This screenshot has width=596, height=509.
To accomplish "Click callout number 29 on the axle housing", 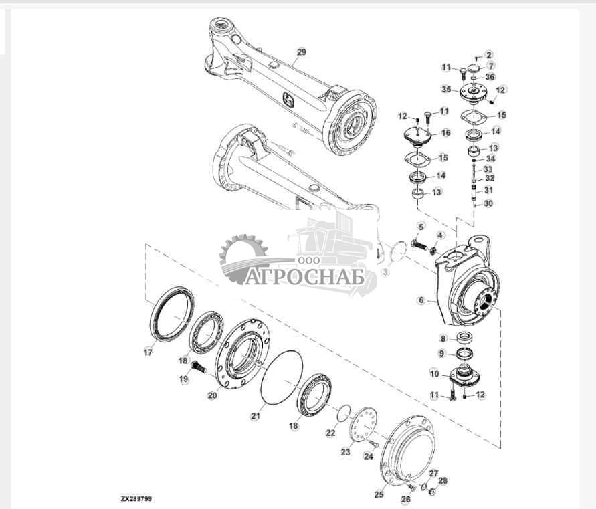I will (300, 52).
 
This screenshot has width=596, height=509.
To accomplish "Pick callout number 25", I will (379, 494).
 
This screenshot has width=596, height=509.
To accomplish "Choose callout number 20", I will (212, 395).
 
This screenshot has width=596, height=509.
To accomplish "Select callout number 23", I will (345, 452).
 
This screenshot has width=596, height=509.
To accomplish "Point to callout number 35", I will (446, 89).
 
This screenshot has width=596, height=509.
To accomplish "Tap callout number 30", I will (489, 203).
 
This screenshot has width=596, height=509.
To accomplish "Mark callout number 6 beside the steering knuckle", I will (421, 301).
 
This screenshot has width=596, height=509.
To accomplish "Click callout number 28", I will (443, 480).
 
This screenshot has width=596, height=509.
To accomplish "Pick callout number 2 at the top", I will (489, 54).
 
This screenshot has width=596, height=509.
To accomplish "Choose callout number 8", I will (443, 339).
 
